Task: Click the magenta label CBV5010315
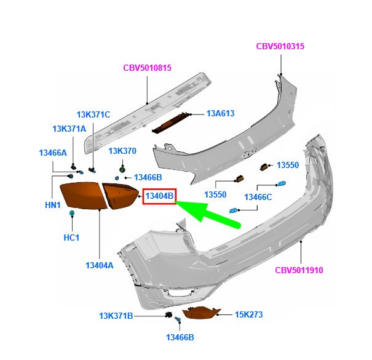click(x=280, y=46)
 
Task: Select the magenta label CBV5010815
click(x=148, y=68)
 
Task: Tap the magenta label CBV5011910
click(x=299, y=270)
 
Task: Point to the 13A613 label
click(x=220, y=113)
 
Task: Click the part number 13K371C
click(x=93, y=114)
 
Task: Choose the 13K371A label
click(x=69, y=129)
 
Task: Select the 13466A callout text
click(x=53, y=153)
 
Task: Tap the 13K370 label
click(x=122, y=151)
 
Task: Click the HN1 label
click(x=53, y=205)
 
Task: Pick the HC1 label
click(x=71, y=238)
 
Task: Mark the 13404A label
click(x=100, y=265)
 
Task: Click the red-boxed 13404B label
click(x=159, y=196)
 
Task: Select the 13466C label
click(x=258, y=197)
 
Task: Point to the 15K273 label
click(x=248, y=314)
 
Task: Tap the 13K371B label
click(x=116, y=316)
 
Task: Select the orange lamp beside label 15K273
click(x=201, y=313)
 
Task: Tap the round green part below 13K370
click(x=122, y=170)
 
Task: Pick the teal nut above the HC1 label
click(x=72, y=213)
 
